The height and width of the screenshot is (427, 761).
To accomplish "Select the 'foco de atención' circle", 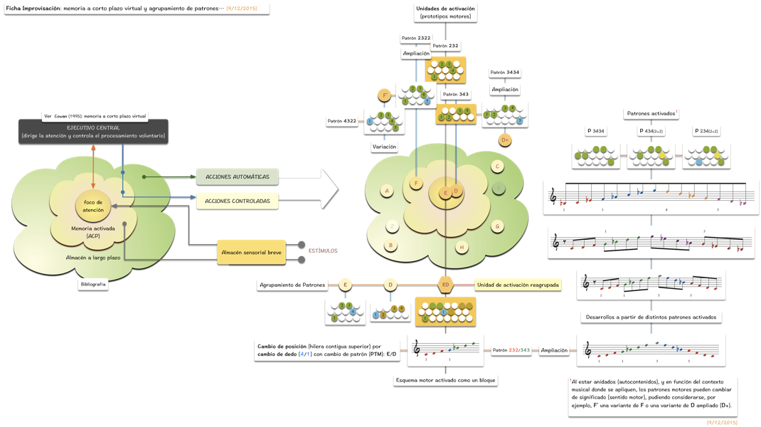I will tap(93, 206).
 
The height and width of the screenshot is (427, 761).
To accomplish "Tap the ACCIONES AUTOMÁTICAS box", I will tap(237, 177).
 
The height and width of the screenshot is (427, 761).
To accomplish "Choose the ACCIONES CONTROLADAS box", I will tap(237, 201).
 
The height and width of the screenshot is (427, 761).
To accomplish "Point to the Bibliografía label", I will tap(92, 284).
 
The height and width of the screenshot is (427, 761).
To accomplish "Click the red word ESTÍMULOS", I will tap(323, 251).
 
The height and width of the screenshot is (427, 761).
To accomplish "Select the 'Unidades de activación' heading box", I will tap(445, 11).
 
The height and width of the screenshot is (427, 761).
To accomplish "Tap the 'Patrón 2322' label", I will tap(415, 38).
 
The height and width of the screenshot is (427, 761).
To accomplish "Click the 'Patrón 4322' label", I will tap(343, 121).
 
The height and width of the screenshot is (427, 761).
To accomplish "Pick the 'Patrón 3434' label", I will tap(504, 73).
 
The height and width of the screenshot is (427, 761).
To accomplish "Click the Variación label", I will tap(384, 146).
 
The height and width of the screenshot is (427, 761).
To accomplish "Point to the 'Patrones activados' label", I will tap(650, 113).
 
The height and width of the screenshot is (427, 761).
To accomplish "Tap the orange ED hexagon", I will tap(446, 285).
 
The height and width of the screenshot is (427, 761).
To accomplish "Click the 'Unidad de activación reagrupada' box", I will tap(518, 285).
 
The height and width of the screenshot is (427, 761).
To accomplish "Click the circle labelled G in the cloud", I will tap(498, 226).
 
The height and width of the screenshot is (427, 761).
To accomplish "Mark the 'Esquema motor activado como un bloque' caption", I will tap(445, 380).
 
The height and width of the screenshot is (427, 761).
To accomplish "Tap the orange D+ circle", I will tap(505, 139).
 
